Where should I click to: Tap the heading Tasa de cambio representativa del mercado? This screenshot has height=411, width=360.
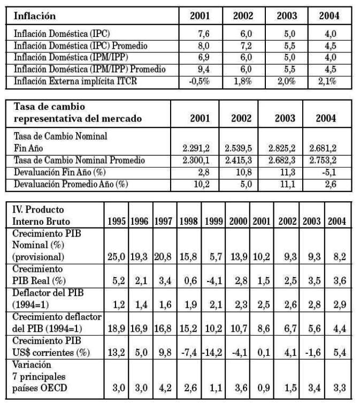point(78,113)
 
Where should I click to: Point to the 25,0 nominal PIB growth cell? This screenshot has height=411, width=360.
point(117,257)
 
